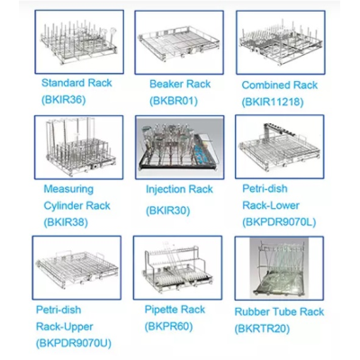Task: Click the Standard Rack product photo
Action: pos(79,41)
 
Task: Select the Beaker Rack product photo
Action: pos(179,42)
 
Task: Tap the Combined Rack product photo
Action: pos(281,42)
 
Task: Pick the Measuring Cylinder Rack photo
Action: pos(78,148)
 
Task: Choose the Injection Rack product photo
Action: pos(179,148)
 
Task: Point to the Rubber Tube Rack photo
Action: pos(279,268)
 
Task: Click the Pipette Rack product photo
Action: pos(178,267)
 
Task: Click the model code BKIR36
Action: pos(64,100)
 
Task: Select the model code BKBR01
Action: pos(174,101)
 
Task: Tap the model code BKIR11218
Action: pos(273,102)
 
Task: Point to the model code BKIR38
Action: pos(66,222)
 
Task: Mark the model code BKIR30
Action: pos(168,211)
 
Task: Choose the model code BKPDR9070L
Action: pos(279,222)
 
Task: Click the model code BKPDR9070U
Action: pos(74,343)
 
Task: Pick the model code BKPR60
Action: pos(168,326)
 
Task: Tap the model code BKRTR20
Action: pos(262,328)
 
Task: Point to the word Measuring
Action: pos(68,189)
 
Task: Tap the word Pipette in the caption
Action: pos(162,310)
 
